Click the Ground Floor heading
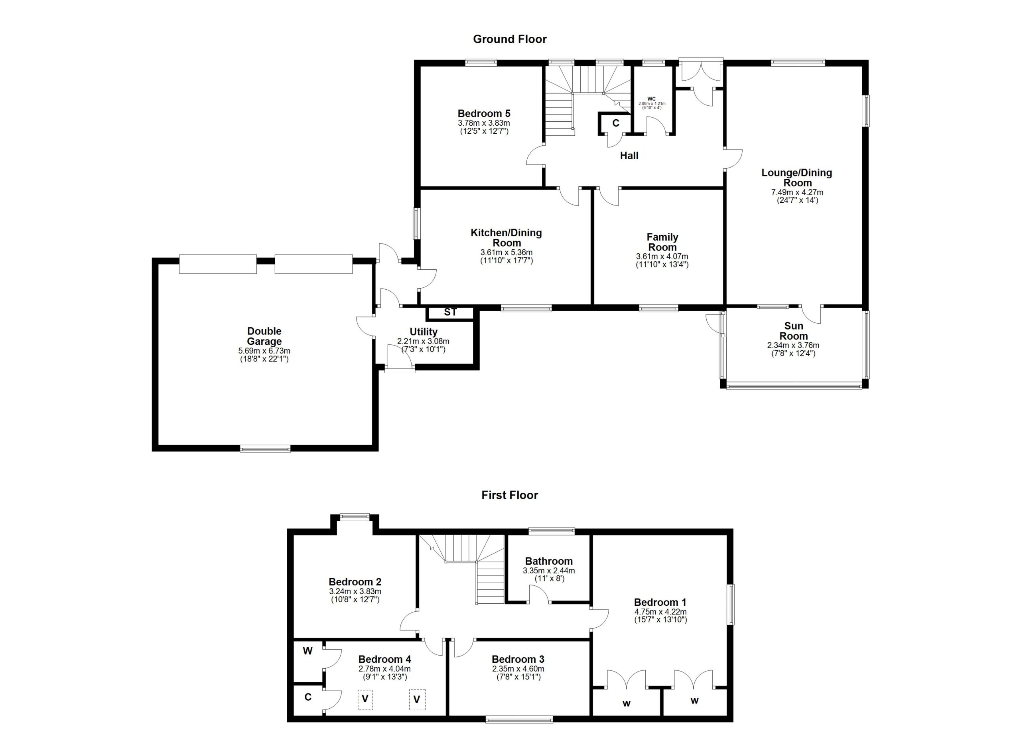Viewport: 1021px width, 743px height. tap(510, 39)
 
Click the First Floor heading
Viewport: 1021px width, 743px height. tap(510, 495)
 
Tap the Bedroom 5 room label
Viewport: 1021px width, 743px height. tap(484, 113)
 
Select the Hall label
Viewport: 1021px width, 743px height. tap(629, 156)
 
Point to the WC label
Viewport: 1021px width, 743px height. tap(651, 99)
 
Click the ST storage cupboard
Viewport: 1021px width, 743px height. tap(450, 312)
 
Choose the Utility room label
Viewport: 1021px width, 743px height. tap(424, 332)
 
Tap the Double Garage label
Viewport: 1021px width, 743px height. tap(264, 336)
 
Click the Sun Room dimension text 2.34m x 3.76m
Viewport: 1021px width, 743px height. tap(793, 346)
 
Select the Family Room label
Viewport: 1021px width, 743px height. tap(662, 242)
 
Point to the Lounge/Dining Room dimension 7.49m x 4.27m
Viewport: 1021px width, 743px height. tap(797, 192)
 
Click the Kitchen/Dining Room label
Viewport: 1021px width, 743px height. tap(507, 238)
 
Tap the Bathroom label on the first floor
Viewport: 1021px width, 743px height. tap(549, 561)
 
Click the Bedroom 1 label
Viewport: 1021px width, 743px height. tap(660, 603)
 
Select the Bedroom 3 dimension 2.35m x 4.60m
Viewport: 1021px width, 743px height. tap(518, 669)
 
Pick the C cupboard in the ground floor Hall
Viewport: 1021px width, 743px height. tap(615, 123)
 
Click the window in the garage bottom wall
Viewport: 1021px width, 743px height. tap(265, 448)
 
